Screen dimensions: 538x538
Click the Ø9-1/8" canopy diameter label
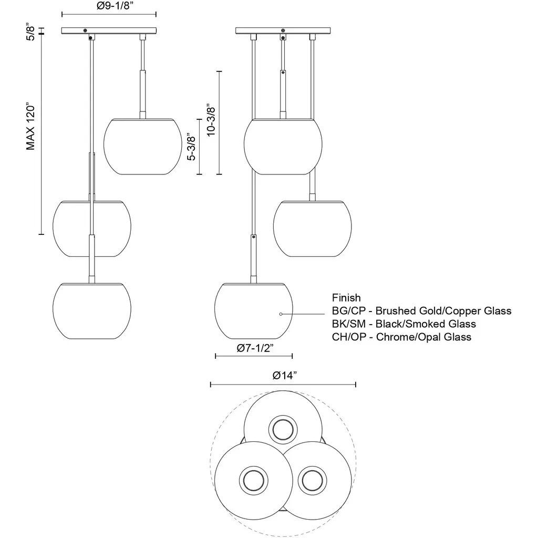[115, 6]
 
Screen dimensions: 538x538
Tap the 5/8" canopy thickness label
[30, 33]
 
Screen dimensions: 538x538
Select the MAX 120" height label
[30, 126]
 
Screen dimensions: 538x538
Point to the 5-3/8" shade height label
[191, 148]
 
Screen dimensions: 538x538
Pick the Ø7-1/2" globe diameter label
[255, 348]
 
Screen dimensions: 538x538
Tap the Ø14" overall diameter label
[284, 375]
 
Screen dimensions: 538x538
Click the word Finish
[346, 297]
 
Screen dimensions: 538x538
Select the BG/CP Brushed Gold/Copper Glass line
[422, 311]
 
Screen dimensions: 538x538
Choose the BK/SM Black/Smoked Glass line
[404, 324]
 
